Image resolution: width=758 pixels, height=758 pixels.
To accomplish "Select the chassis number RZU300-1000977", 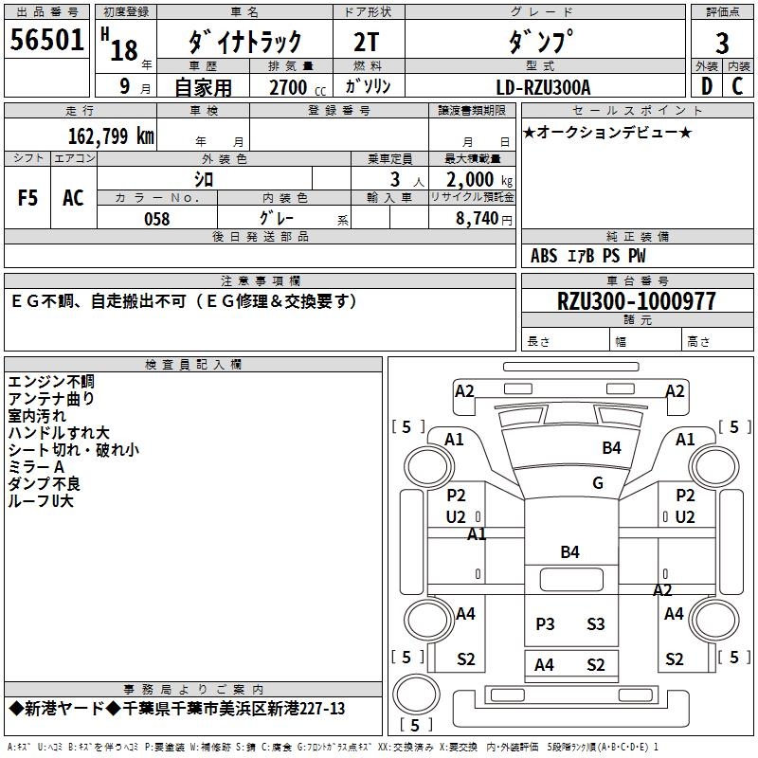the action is [637, 301].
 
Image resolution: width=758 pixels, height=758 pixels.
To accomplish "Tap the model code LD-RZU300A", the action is [544, 88].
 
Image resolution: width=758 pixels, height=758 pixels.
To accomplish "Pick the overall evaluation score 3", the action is [722, 43].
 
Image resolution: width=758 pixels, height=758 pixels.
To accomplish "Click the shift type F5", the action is [28, 198].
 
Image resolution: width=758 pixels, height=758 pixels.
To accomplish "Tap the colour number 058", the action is [156, 219].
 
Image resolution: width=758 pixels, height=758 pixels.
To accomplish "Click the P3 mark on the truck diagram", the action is [545, 623].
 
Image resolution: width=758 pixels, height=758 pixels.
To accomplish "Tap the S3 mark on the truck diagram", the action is [595, 623].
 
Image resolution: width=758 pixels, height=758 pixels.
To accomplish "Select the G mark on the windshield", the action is [598, 482].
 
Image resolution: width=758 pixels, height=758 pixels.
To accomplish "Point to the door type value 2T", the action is [366, 43].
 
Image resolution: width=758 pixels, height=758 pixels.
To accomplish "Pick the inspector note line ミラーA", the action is [36, 466].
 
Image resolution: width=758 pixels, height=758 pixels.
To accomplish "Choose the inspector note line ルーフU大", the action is [41, 500].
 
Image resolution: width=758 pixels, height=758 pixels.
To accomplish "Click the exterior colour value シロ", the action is [204, 179].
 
